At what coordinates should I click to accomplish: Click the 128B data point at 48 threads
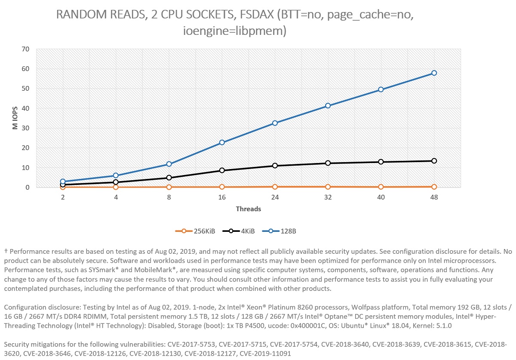pyautogui.click(x=434, y=73)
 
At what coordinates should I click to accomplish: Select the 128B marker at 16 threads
pyautogui.click(x=222, y=142)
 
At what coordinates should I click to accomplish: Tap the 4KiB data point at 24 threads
pyautogui.click(x=275, y=166)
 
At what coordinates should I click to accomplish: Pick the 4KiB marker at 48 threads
pyautogui.click(x=434, y=161)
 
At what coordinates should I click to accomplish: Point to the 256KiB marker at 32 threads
pyautogui.click(x=328, y=187)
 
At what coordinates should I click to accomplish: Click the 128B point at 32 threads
pyautogui.click(x=328, y=105)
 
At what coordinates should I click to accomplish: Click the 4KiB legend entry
pyautogui.click(x=239, y=231)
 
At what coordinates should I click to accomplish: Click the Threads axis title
pyautogui.click(x=248, y=209)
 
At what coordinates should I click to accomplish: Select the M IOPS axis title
pyautogui.click(x=14, y=118)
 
